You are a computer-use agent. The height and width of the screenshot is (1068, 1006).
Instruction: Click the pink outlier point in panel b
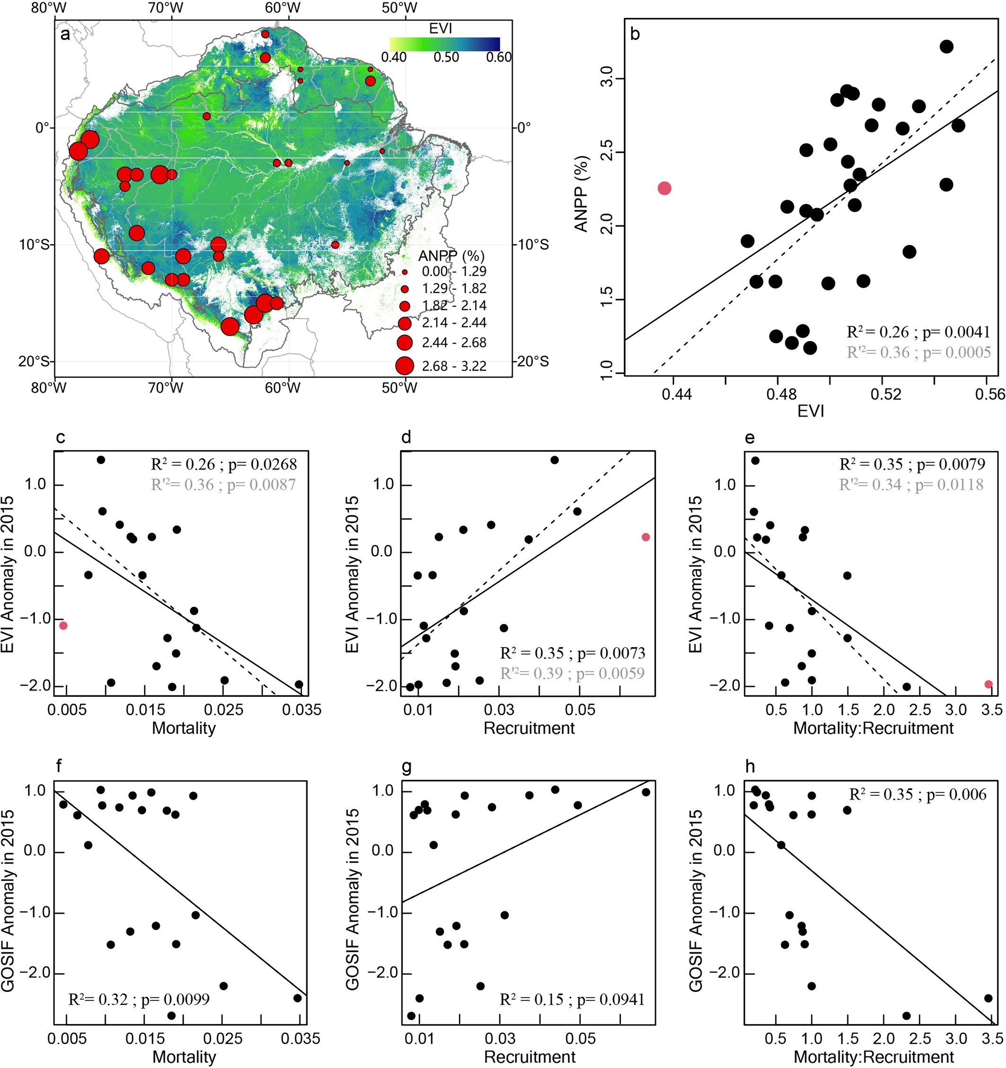coord(664,188)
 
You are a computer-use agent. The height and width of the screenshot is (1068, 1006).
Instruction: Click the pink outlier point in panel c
coord(63,625)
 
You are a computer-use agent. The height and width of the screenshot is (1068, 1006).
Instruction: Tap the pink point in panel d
coord(646,537)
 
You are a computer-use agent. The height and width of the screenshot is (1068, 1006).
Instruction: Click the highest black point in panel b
coord(946,47)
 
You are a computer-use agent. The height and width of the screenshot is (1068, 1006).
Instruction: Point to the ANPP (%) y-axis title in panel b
coord(582,194)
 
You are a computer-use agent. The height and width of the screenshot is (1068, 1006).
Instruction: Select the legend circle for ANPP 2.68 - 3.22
coord(404,366)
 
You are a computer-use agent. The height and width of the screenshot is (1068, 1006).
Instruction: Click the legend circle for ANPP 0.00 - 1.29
coord(405,272)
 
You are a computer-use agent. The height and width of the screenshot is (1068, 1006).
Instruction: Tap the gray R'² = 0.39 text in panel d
coord(572,673)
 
